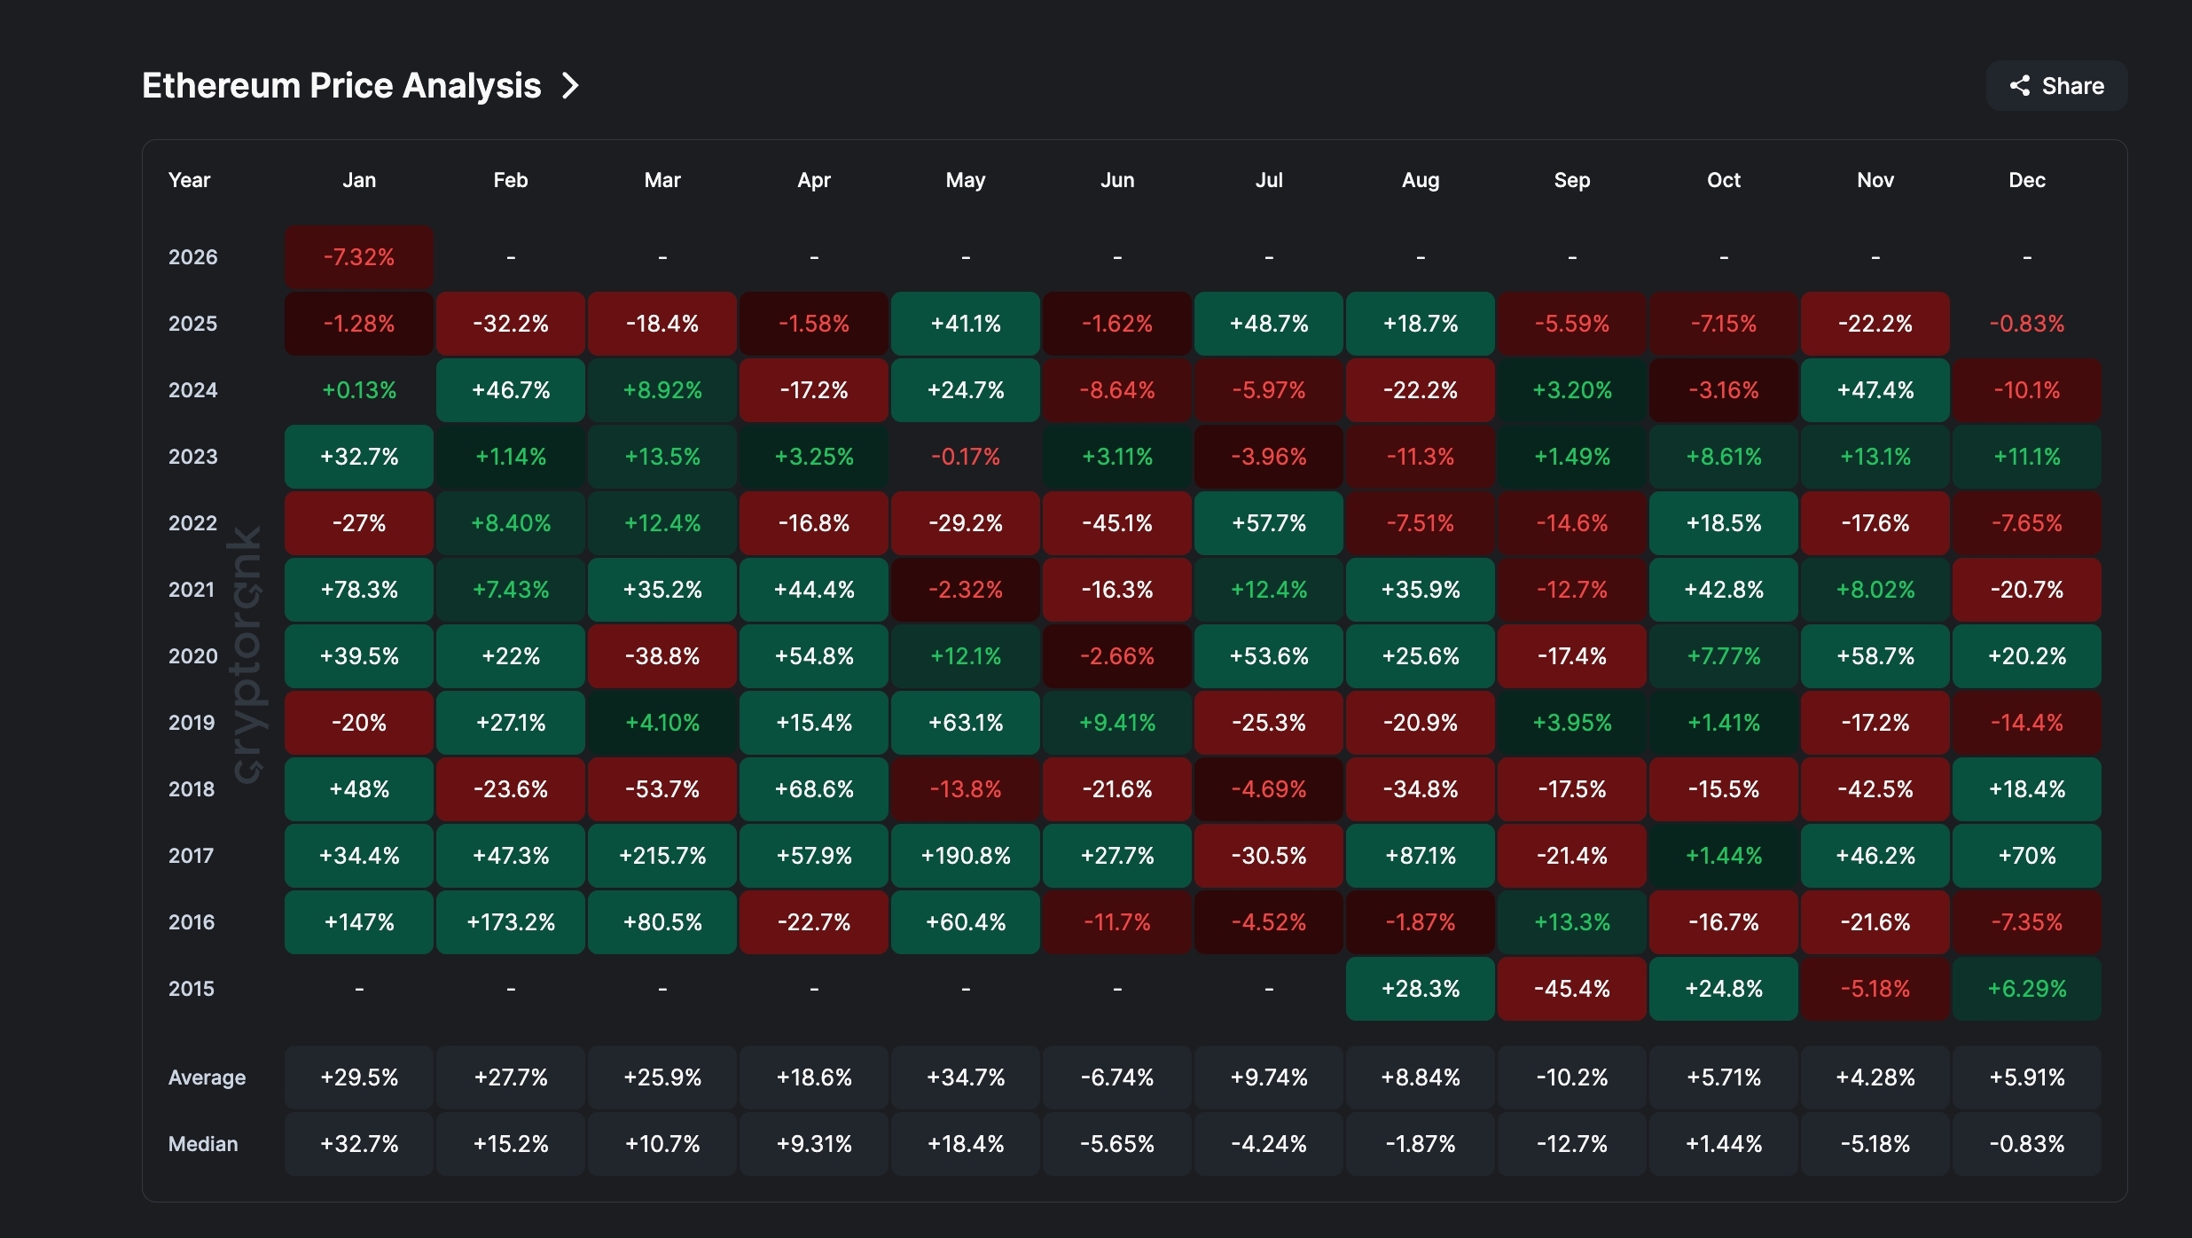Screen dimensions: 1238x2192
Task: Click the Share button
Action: tap(2056, 86)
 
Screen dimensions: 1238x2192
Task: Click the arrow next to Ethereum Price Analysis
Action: tap(571, 86)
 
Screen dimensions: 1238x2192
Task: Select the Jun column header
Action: tap(1117, 180)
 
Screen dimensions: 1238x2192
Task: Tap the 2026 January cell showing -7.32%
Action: tap(359, 257)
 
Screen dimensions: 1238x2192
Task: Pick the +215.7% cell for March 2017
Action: tap(662, 856)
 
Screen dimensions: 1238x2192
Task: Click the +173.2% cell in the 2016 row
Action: tap(511, 922)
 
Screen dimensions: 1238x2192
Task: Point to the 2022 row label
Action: tap(192, 523)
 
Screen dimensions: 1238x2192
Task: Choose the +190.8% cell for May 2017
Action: tap(966, 856)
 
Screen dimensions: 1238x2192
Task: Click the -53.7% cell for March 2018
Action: tap(662, 789)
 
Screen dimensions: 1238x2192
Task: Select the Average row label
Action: tap(207, 1077)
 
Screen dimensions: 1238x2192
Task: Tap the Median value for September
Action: tap(1572, 1144)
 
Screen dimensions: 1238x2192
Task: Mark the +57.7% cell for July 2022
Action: tap(1269, 523)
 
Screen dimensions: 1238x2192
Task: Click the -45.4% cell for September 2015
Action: tap(1572, 989)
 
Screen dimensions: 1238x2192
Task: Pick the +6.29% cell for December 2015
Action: tap(2027, 989)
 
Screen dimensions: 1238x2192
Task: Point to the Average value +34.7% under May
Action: tap(966, 1077)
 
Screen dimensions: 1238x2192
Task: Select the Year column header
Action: tap(189, 180)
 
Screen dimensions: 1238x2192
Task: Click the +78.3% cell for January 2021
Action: tap(359, 590)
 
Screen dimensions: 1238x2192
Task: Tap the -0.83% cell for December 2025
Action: tap(2027, 324)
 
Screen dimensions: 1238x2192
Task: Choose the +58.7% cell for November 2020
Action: tap(1875, 656)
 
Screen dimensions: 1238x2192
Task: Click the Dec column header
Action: tap(2027, 180)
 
